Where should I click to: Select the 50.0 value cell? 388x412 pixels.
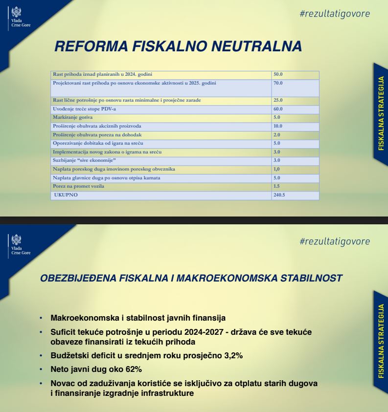point(278,74)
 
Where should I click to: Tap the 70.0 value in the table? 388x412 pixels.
point(278,83)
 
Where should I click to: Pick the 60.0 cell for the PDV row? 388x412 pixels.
point(278,109)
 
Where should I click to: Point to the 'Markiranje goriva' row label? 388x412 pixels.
point(67,118)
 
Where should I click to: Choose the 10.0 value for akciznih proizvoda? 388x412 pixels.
point(278,126)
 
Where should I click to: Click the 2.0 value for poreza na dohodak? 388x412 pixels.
point(277,134)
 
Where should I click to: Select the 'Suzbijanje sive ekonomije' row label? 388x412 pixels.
point(84,160)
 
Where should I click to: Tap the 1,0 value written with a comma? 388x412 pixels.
point(277,169)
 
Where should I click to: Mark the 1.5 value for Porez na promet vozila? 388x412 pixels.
point(277,186)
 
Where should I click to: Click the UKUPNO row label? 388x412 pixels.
point(66,195)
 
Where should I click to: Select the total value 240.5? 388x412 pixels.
point(280,195)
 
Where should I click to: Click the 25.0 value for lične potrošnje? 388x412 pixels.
point(278,100)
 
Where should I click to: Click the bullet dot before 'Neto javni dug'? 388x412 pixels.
point(41,369)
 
